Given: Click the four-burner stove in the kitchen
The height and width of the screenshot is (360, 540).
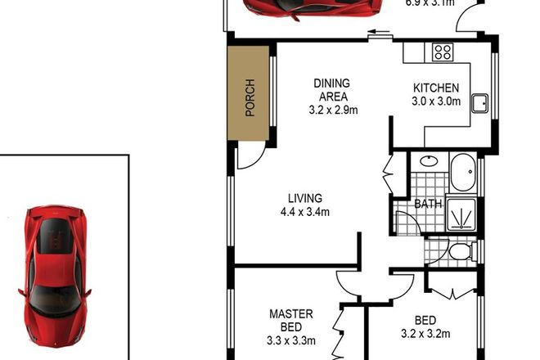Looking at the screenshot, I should [443, 52].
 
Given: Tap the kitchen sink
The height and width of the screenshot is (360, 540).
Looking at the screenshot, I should [480, 104].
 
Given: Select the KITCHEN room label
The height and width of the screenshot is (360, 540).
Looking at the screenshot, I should [435, 88].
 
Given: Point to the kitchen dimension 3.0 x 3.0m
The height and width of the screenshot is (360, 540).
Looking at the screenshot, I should [436, 102].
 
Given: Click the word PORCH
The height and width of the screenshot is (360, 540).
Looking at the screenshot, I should [250, 97].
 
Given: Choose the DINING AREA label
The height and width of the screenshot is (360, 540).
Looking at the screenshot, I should [332, 90].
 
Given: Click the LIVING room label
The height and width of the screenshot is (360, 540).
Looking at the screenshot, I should [304, 198].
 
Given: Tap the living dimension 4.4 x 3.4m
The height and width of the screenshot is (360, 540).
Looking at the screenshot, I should [304, 213].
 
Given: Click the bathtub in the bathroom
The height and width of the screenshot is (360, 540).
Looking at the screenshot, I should [462, 173].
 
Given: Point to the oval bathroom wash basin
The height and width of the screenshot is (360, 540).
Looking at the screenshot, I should [428, 161].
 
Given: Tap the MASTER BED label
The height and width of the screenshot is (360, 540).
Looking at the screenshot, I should [292, 319].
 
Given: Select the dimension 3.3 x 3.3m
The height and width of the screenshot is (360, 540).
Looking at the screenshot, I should [292, 340].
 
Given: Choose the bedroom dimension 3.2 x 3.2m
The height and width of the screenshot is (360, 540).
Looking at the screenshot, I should [425, 333].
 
